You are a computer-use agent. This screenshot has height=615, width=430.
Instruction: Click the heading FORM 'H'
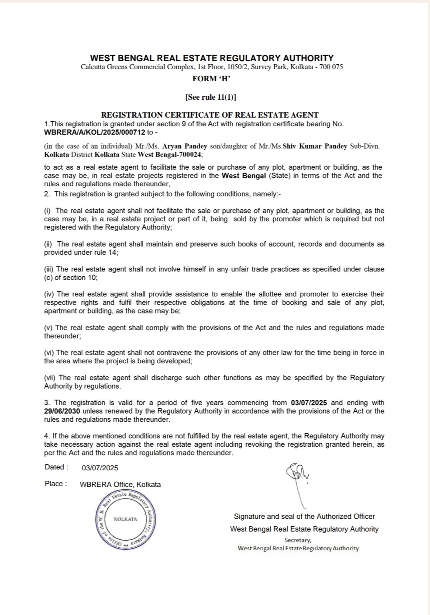pos(211,79)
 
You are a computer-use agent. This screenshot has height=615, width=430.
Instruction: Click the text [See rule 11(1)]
pos(210,97)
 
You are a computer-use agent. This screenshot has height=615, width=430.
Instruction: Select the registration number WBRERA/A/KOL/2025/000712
pos(95,132)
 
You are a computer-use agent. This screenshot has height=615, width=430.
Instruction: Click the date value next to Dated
pos(100,468)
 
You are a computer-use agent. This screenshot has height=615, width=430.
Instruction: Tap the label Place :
pos(56,484)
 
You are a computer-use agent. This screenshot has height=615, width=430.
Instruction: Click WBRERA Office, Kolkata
pos(120,484)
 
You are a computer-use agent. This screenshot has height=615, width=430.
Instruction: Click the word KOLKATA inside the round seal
pos(125,519)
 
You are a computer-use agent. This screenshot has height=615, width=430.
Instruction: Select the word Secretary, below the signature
pos(298,540)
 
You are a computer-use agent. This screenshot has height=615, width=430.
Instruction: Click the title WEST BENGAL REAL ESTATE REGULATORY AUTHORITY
pos(212,58)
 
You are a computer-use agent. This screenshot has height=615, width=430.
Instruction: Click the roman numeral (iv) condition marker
pos(49,294)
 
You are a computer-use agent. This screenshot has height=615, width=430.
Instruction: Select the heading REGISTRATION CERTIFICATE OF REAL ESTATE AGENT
pos(210,115)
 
